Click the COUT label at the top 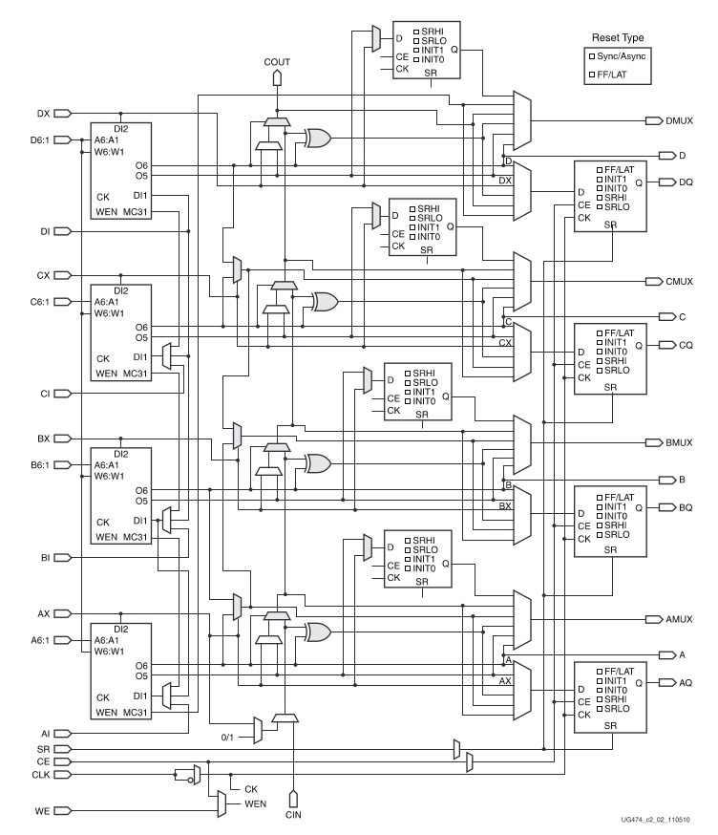point(276,61)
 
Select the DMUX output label point(680,121)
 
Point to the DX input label point(43,113)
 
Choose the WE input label point(43,809)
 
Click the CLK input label point(40,775)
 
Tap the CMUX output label point(680,282)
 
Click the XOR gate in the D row point(317,139)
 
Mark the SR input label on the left point(43,748)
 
